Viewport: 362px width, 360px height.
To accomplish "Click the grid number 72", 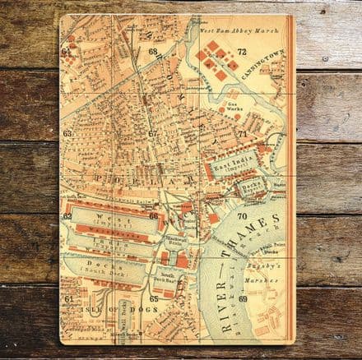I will [242, 51].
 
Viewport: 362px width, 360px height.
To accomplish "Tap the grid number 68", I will [153, 51].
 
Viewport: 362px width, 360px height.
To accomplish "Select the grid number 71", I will [243, 133].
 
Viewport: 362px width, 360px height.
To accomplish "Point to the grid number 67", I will [152, 133].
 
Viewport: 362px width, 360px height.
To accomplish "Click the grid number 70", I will [243, 216].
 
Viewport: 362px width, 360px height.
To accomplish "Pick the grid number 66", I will [153, 216].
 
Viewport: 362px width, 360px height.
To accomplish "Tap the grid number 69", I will [243, 298].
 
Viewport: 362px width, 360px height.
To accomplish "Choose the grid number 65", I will [153, 298].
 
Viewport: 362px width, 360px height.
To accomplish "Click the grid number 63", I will [67, 133].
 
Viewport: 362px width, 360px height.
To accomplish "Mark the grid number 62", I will [67, 216].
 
